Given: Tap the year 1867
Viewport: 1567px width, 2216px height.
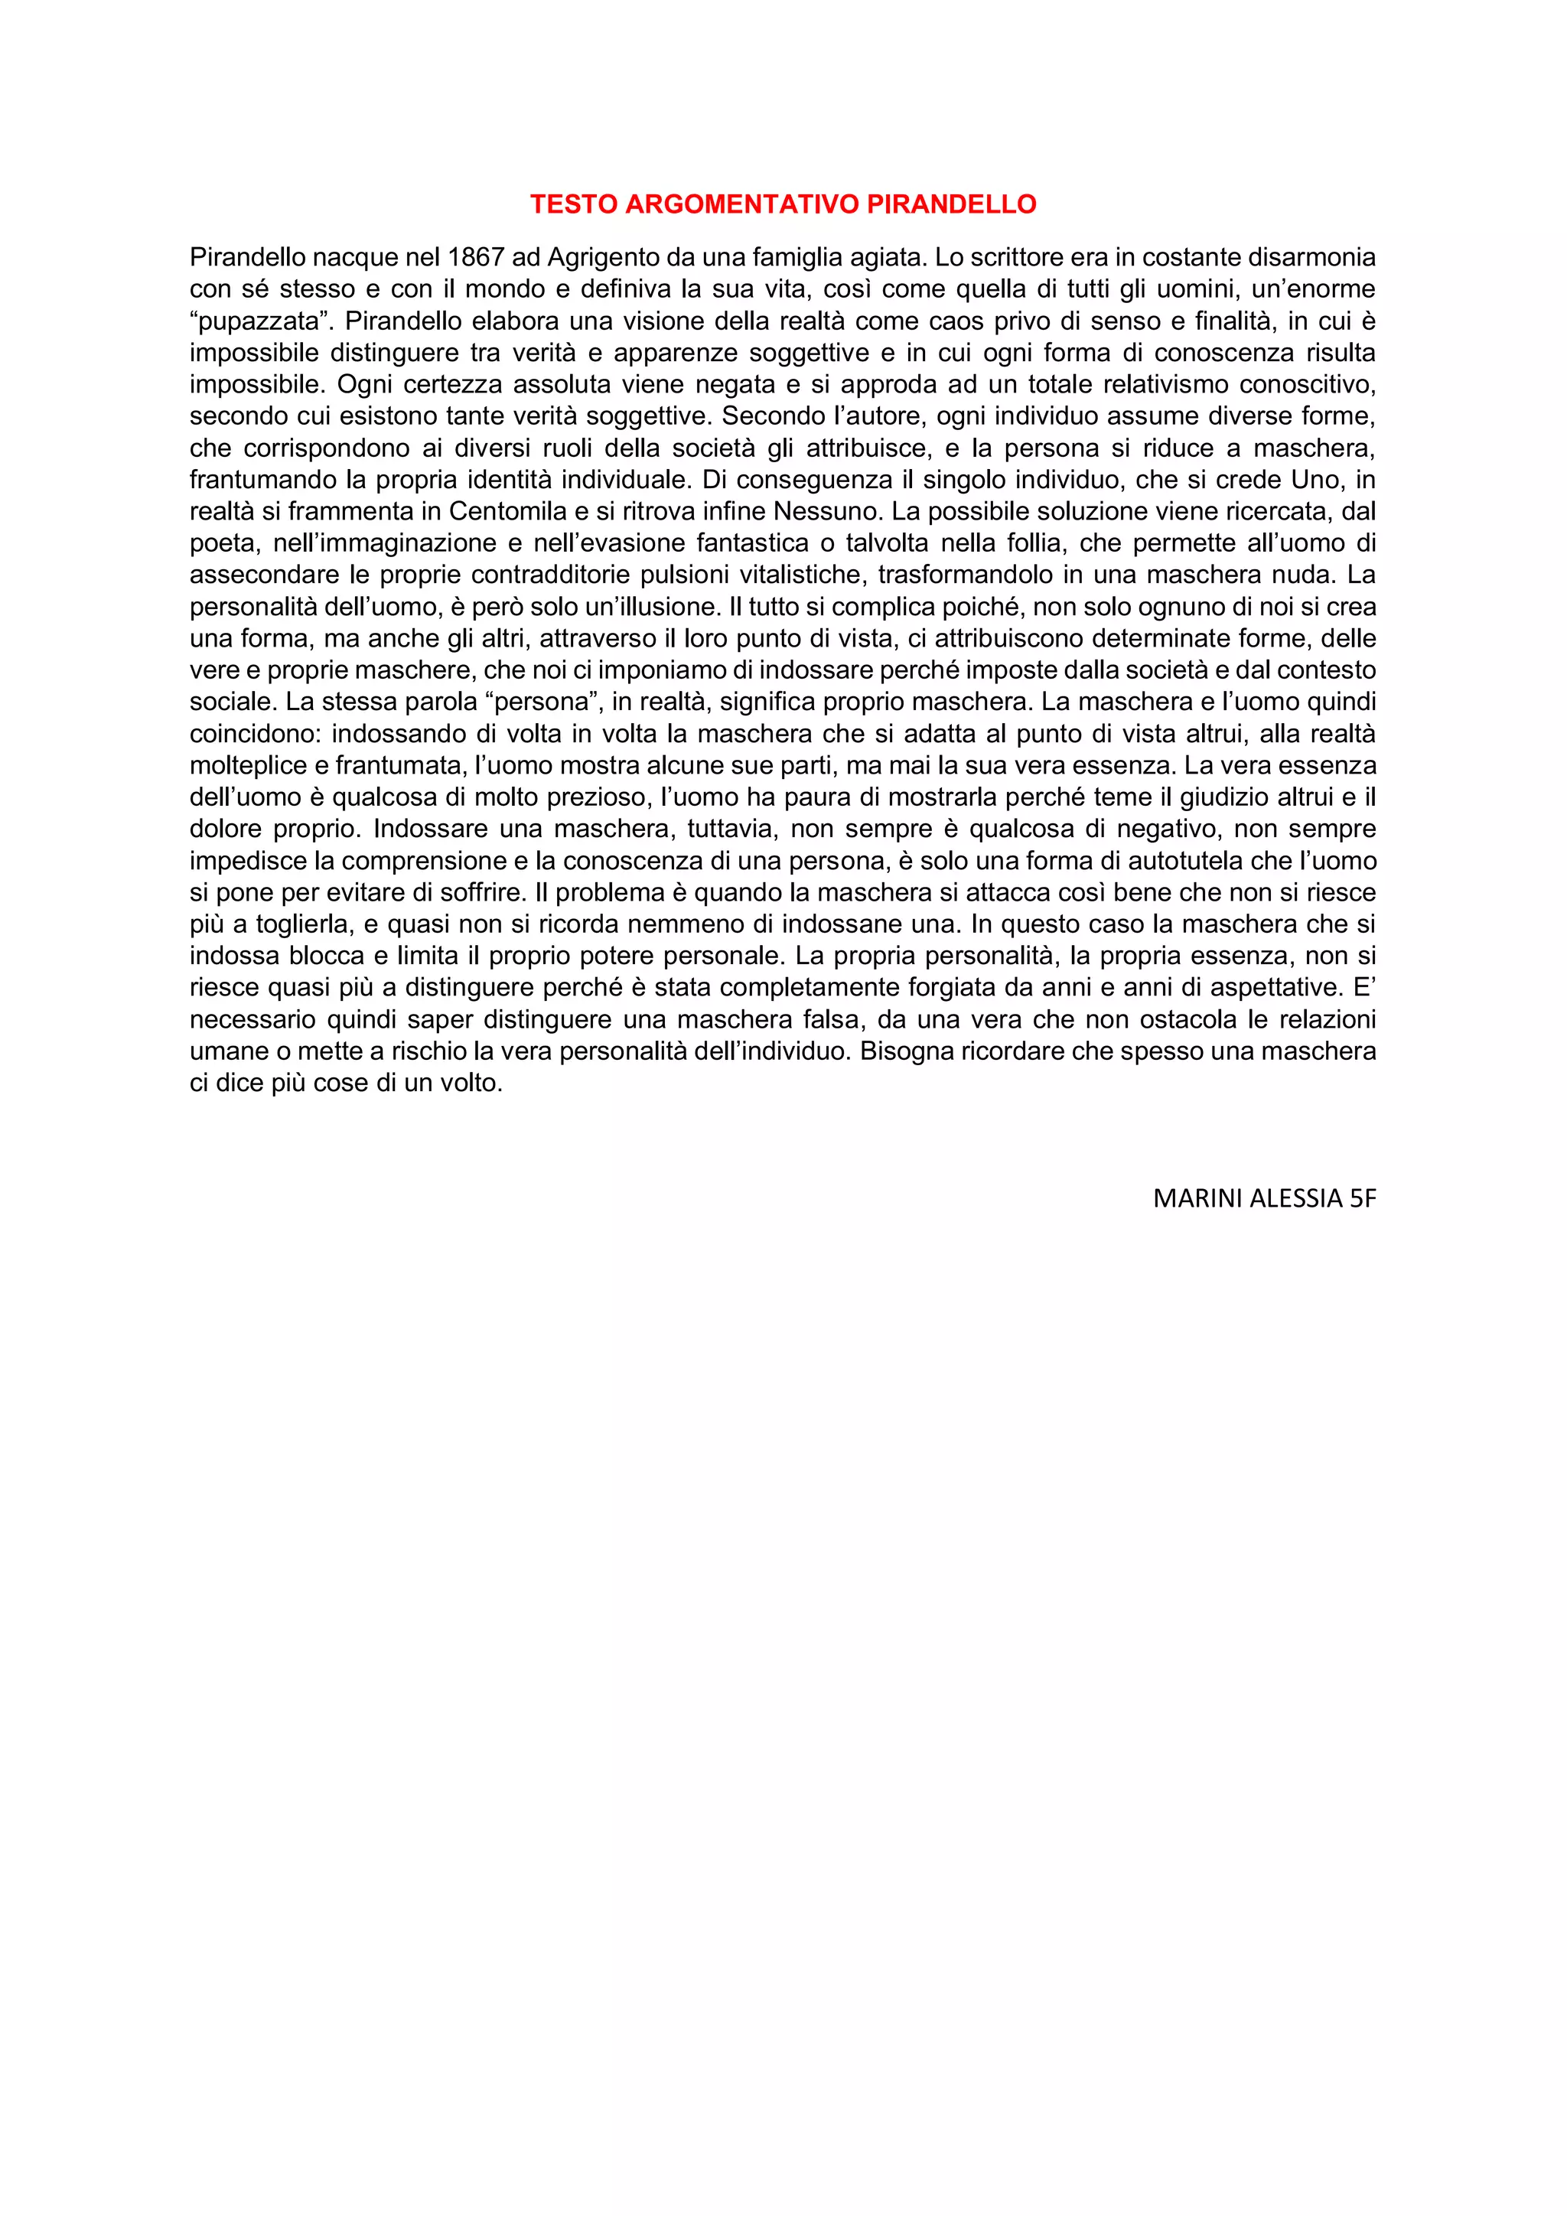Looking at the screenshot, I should coord(477,258).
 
